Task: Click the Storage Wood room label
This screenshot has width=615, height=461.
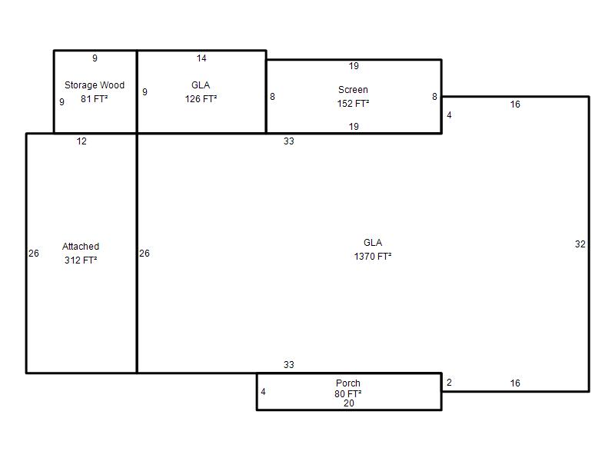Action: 94,85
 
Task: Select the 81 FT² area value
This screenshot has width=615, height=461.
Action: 94,99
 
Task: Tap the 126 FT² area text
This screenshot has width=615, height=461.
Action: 201,99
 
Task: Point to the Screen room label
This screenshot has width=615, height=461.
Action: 353,90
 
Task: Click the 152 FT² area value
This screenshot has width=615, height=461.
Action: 353,104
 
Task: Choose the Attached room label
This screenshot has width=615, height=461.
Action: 81,247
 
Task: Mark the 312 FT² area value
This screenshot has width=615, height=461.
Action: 81,260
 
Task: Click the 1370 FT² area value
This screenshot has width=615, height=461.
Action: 373,257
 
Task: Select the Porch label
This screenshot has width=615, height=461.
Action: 348,383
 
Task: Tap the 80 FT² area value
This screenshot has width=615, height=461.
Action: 348,393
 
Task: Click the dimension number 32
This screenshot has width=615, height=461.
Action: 580,244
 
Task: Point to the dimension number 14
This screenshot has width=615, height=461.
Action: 201,58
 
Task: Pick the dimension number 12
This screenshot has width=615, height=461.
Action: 81,141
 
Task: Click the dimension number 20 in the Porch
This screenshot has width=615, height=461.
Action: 349,403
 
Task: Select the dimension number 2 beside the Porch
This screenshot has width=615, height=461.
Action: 449,383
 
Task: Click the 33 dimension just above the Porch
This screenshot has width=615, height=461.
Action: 289,364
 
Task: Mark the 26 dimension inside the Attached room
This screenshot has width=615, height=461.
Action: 34,254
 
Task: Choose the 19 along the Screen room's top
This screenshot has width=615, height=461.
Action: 354,66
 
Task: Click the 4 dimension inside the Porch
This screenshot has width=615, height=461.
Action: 263,392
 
